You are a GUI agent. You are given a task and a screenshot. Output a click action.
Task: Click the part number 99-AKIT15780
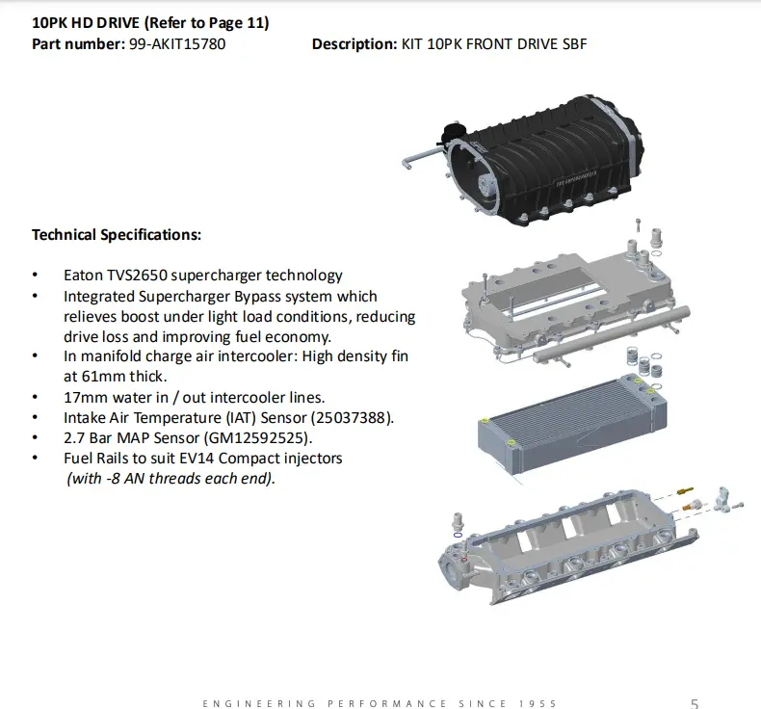[x=177, y=44]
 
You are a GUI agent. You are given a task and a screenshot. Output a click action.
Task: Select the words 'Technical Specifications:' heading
[x=117, y=235]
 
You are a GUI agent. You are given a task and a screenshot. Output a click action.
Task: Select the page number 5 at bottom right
[x=695, y=703]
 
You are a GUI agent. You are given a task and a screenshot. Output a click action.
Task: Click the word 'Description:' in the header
[x=354, y=44]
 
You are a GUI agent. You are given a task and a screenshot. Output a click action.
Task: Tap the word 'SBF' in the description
[x=575, y=44]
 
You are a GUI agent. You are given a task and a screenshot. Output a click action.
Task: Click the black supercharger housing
[x=543, y=160]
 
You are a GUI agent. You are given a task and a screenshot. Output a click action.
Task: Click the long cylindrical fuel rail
[x=612, y=335]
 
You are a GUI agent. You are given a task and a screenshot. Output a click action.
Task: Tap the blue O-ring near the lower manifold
[x=458, y=535]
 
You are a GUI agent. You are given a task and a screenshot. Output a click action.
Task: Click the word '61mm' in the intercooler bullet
[x=100, y=377]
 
